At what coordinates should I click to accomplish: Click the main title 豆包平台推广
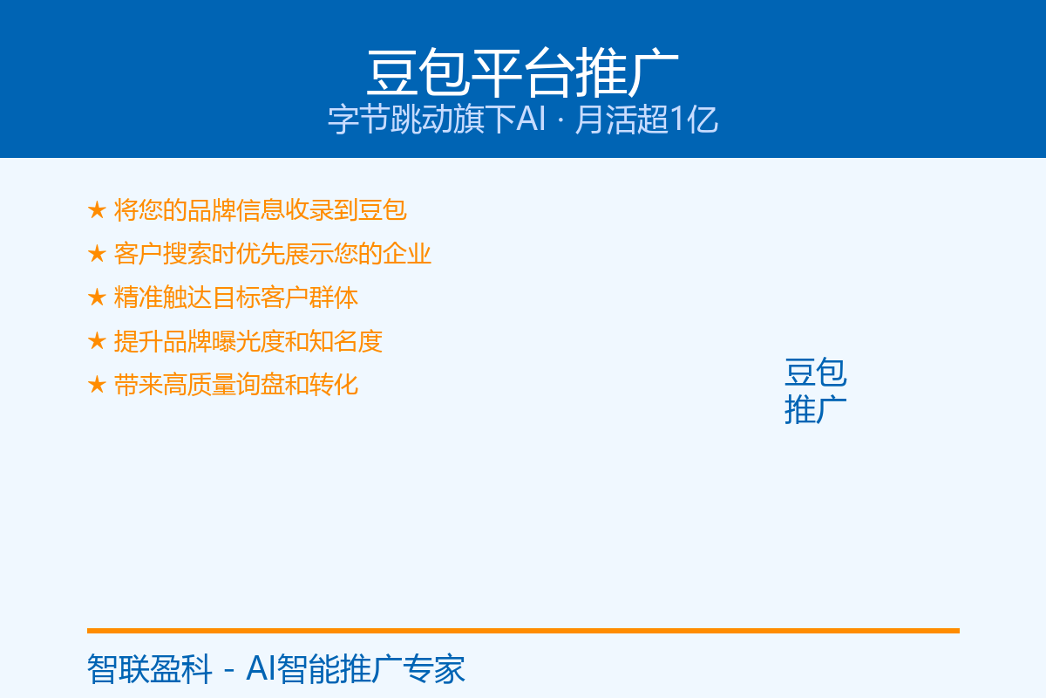point(522,73)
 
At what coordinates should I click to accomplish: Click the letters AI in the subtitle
point(531,120)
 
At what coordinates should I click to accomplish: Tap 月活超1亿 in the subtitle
point(646,120)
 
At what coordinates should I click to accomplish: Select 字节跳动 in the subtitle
point(390,120)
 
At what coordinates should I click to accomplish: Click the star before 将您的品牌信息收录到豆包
point(97,210)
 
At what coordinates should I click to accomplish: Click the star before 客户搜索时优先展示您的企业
point(97,254)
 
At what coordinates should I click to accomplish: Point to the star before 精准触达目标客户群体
point(97,298)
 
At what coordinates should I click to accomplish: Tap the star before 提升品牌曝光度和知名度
point(97,341)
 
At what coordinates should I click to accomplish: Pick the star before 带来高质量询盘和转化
point(97,385)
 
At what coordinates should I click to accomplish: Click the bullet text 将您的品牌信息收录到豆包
point(260,210)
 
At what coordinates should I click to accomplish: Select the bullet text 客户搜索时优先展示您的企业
point(272,254)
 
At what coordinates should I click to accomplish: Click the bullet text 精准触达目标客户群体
point(236,298)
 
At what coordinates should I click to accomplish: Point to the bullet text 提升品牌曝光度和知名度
point(248,341)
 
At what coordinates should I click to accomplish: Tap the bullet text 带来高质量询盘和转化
point(236,385)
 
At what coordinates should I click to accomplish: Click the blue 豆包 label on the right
point(815,373)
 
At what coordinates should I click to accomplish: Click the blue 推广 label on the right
point(815,409)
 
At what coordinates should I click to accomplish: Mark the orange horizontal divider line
point(523,631)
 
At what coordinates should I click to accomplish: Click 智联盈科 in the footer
point(149,669)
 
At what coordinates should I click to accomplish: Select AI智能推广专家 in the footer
point(356,669)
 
